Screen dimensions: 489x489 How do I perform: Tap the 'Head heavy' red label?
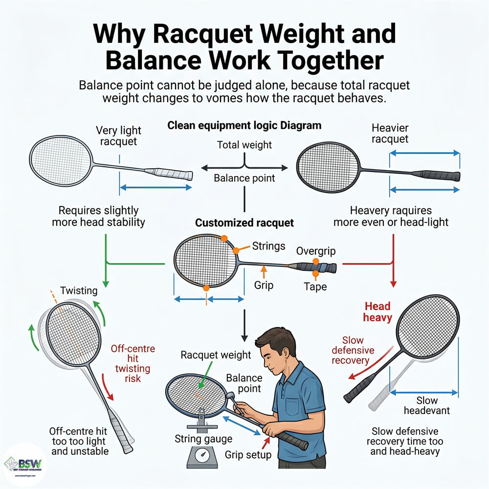(378, 312)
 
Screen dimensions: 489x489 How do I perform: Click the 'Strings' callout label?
(268, 246)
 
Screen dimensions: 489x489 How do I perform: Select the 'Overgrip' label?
(315, 251)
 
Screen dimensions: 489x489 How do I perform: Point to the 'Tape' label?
(315, 287)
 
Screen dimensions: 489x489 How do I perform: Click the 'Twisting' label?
(79, 290)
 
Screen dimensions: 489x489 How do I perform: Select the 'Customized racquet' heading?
(244, 223)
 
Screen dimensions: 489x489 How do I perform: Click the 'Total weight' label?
(244, 145)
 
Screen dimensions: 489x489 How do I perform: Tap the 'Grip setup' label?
(248, 455)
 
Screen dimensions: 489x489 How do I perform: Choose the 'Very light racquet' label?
(118, 136)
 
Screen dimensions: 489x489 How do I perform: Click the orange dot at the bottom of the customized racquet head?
(206, 288)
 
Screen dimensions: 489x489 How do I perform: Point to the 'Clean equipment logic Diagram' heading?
(244, 126)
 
